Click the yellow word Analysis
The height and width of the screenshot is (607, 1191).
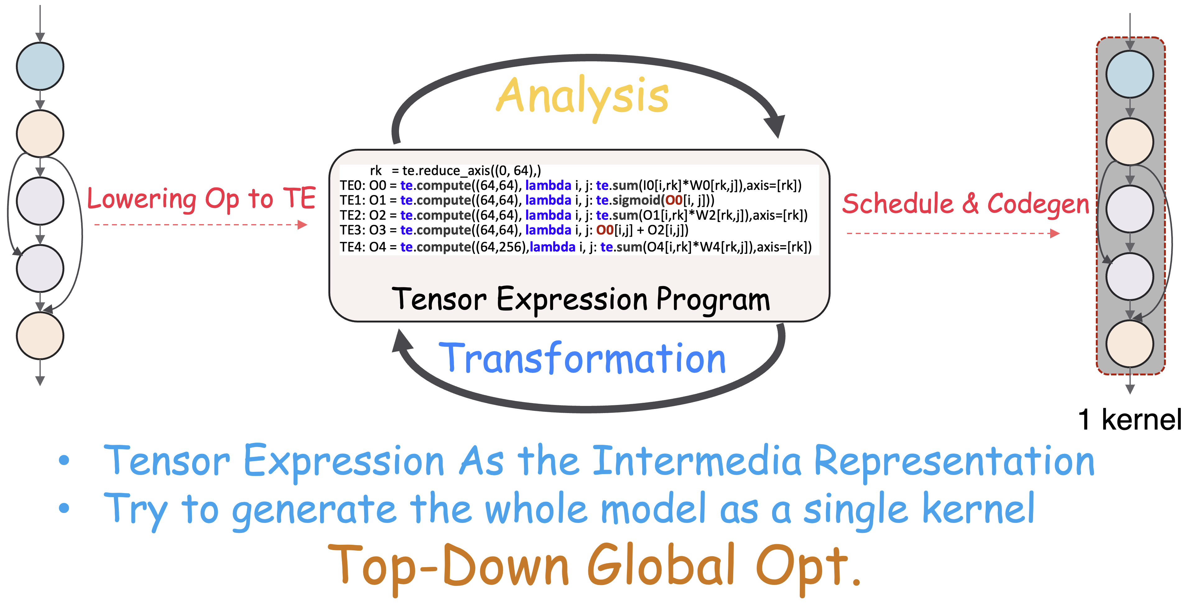582,96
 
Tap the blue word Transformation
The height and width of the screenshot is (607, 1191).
582,359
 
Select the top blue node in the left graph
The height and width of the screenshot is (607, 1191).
40,66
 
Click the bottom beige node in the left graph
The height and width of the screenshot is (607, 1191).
40,336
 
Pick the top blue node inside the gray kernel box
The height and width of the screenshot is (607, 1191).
1129,74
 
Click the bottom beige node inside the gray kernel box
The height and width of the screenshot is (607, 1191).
1129,343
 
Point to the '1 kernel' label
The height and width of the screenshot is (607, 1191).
1129,420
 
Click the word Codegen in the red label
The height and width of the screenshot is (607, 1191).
1038,204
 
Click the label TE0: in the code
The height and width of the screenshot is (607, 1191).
352,186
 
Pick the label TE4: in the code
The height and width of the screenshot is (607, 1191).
352,247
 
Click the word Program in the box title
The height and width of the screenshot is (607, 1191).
713,300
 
